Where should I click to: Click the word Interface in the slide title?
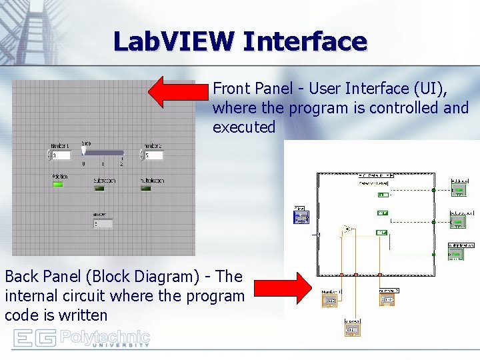pyautogui.click(x=305, y=41)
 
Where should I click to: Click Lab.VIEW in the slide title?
pyautogui.click(x=174, y=41)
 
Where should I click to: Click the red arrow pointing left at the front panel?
pyautogui.click(x=179, y=92)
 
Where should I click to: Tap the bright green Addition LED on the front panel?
pyautogui.click(x=59, y=185)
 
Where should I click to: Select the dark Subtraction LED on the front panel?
pyautogui.click(x=99, y=189)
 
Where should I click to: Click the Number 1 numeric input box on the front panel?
pyautogui.click(x=61, y=155)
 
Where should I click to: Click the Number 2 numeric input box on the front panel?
pyautogui.click(x=153, y=155)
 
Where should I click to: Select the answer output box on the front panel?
pyautogui.click(x=102, y=223)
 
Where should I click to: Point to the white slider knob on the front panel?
pyautogui.click(x=85, y=151)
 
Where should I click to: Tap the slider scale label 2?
pyautogui.click(x=121, y=163)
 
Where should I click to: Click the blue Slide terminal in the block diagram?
pyautogui.click(x=301, y=217)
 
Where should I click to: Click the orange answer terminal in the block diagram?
pyautogui.click(x=353, y=329)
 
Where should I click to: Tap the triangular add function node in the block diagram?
pyautogui.click(x=347, y=230)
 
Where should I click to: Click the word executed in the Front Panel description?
pyautogui.click(x=244, y=127)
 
